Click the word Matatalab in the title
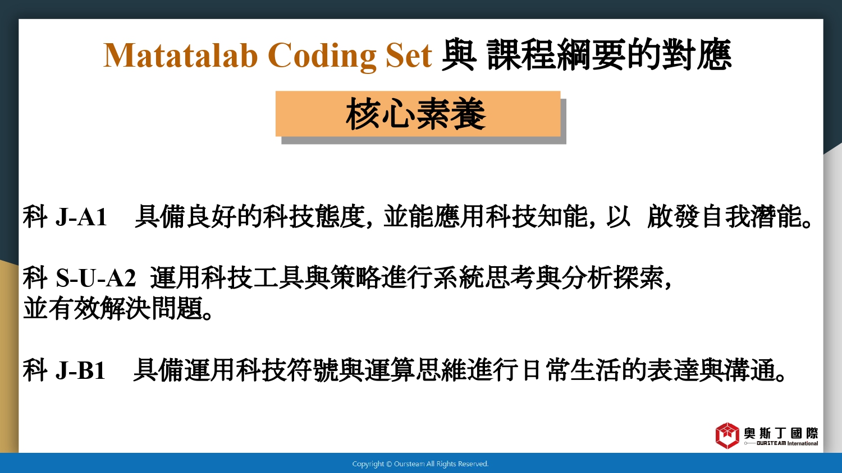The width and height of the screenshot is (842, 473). [x=180, y=55]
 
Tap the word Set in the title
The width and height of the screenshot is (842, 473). [x=409, y=55]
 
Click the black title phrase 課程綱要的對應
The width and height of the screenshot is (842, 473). [x=609, y=55]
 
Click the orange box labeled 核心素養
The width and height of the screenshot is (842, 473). [x=418, y=114]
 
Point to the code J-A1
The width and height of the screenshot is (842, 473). [x=81, y=216]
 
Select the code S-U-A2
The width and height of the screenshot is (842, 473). [x=95, y=278]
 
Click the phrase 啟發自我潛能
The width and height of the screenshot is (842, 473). [x=725, y=216]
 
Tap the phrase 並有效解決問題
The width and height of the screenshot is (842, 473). [x=113, y=308]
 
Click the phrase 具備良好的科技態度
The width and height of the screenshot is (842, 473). [x=250, y=216]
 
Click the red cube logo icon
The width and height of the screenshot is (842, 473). [x=727, y=435]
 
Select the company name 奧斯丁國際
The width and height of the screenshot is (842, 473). [x=781, y=433]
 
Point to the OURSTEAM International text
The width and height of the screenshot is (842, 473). [x=787, y=443]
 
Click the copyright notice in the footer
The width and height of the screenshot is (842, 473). [x=420, y=464]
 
